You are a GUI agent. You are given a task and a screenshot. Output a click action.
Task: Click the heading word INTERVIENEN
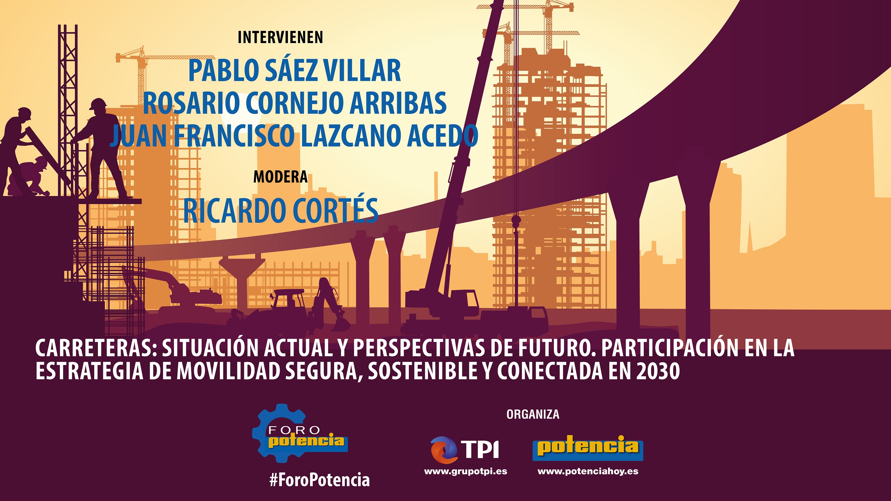(280, 37)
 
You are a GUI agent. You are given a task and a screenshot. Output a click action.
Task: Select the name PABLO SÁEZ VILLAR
(294, 71)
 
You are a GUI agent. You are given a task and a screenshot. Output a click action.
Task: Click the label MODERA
(280, 177)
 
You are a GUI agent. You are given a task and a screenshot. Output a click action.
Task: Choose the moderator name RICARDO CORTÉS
(281, 210)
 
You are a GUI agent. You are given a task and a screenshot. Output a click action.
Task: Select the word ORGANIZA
(533, 414)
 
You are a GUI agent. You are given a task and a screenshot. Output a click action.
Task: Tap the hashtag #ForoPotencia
(319, 480)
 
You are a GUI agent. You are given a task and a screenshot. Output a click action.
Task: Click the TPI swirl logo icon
(444, 450)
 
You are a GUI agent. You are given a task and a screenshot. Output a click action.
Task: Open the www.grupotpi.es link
(466, 471)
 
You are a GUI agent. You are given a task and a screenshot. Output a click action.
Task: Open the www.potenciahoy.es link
(588, 471)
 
